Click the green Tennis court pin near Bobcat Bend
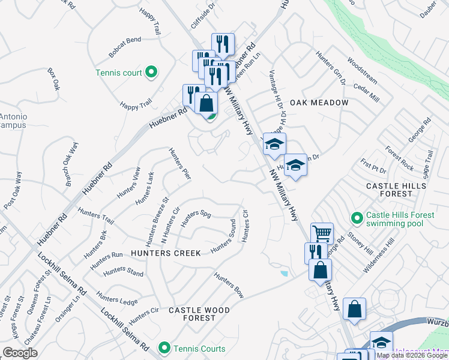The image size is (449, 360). (x=151, y=73)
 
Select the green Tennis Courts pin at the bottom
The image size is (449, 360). (x=164, y=348)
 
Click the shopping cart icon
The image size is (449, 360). (x=322, y=233)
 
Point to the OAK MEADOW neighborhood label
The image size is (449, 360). (x=319, y=103)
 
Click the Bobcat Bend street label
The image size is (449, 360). (x=125, y=40)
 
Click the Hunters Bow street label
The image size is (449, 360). (x=229, y=285)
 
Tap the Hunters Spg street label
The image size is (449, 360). (x=196, y=215)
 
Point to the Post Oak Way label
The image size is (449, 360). (x=12, y=190)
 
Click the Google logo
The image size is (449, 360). (x=20, y=352)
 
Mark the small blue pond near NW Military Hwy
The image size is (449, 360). (x=283, y=274)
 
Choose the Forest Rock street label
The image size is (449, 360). (x=400, y=158)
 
